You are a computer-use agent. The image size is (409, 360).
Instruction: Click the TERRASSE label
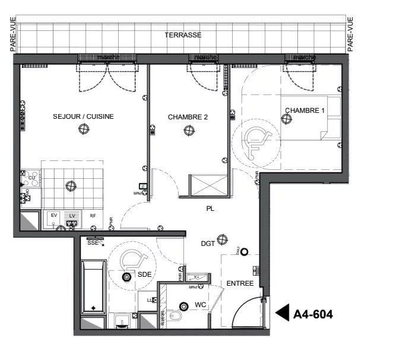(183, 35)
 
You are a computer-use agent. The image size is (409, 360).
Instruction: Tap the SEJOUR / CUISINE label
(83, 116)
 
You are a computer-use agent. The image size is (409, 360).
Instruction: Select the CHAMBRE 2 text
(188, 117)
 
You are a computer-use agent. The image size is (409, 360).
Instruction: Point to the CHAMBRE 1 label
(305, 110)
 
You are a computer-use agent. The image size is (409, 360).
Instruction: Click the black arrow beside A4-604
(283, 312)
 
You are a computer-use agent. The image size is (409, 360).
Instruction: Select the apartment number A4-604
(313, 314)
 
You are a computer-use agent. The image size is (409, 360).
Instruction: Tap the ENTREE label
(240, 283)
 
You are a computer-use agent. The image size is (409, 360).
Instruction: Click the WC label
(200, 305)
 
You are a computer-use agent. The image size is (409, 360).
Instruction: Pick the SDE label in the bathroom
(145, 274)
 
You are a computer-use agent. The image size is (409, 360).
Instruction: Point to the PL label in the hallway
(210, 209)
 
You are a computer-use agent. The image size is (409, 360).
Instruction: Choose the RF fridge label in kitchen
(93, 216)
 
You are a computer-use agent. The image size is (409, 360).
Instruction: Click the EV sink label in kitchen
(53, 215)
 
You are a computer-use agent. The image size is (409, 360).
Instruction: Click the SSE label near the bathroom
(93, 243)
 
